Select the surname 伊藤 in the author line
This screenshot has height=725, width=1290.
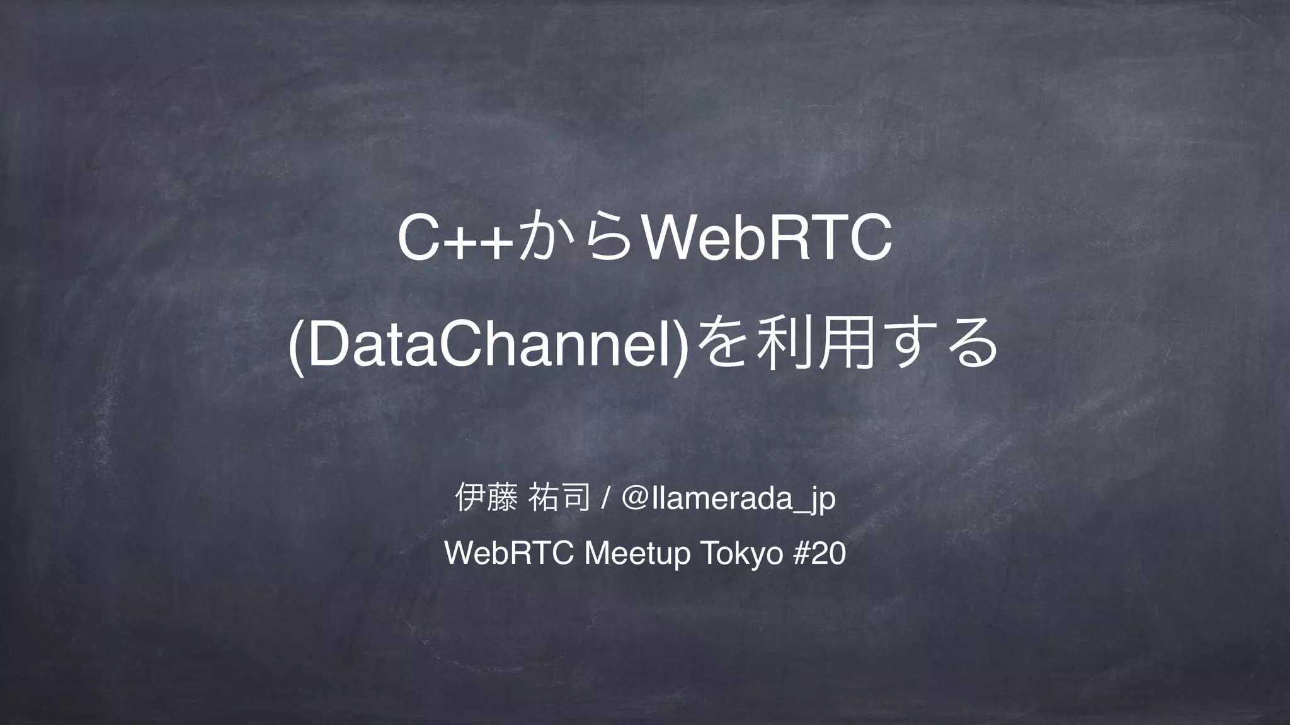pos(482,499)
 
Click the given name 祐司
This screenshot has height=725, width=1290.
pos(561,499)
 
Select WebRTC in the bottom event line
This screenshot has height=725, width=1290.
pos(508,554)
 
